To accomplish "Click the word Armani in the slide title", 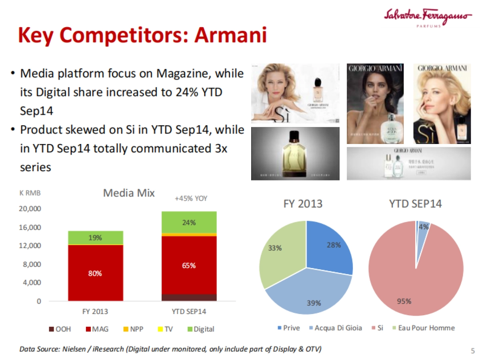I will point(230,36).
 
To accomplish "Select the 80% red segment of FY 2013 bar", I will point(96,273).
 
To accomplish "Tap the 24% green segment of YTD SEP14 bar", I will point(189,222).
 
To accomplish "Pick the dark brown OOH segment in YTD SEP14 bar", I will point(189,297).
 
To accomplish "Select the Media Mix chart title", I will point(129,193).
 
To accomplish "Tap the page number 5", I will point(472,351).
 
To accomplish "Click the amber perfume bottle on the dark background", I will point(295,154).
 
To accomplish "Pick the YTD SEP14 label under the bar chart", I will point(189,311).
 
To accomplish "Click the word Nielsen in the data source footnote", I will point(75,349).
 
